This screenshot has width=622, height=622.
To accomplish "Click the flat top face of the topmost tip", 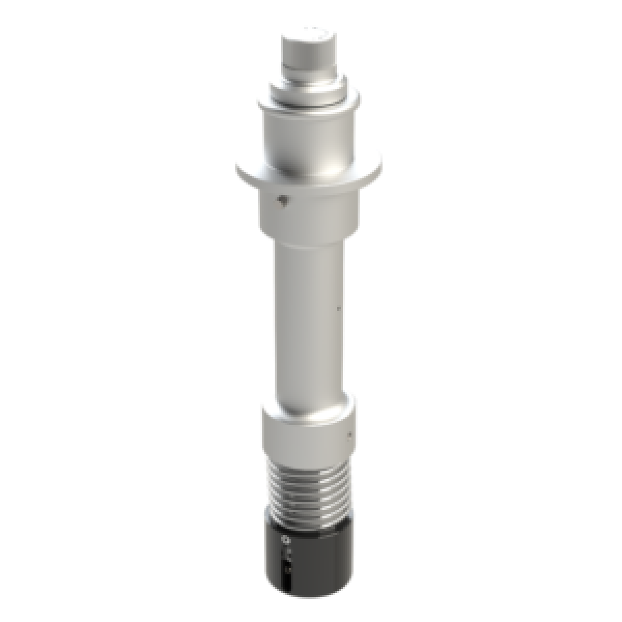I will [308, 36].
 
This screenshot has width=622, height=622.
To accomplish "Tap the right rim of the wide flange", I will [378, 162].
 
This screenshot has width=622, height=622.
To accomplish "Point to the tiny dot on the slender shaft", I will [338, 309].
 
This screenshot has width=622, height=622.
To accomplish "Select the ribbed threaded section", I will [309, 487].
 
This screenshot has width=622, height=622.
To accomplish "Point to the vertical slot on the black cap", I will [285, 565].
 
